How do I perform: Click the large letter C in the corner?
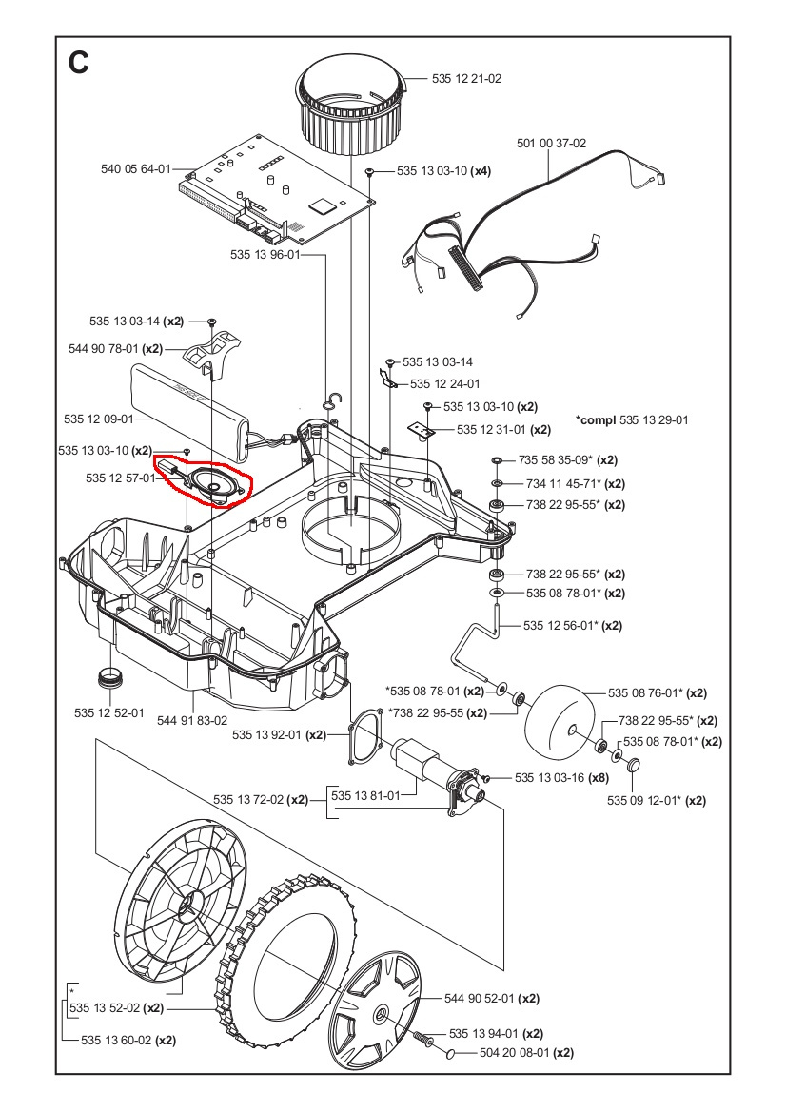(79, 63)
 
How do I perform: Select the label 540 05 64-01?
(135, 169)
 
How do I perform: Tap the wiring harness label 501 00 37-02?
(551, 144)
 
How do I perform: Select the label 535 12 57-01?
(120, 478)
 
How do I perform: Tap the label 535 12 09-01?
(98, 419)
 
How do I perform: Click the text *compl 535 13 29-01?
(632, 419)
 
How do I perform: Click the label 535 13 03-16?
(548, 777)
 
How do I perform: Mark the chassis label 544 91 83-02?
(192, 720)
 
